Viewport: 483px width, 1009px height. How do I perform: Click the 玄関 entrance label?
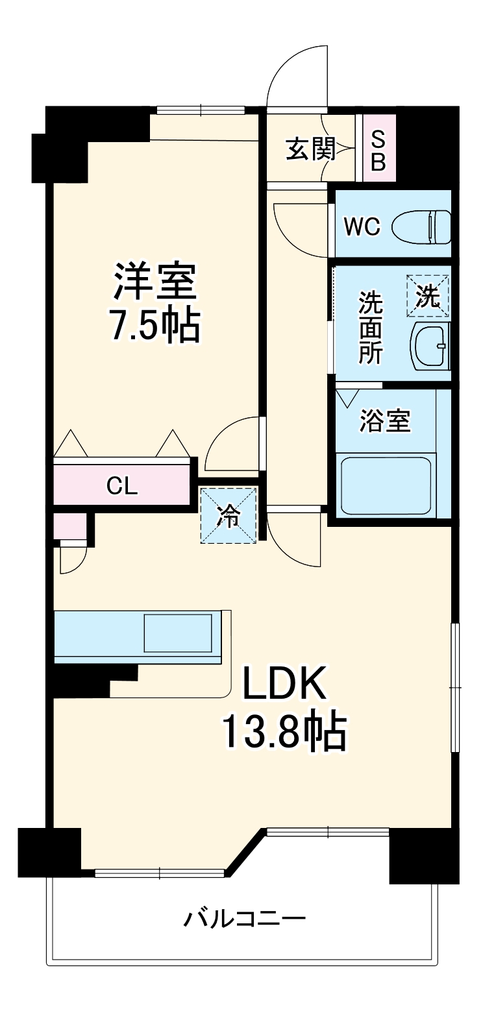[311, 150]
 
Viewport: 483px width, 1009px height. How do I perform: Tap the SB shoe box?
[378, 150]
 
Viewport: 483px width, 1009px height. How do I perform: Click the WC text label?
[362, 226]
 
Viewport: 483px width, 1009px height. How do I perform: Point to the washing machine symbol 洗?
[428, 296]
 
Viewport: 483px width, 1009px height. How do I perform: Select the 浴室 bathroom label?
[385, 421]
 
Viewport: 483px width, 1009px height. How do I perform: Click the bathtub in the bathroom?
[386, 486]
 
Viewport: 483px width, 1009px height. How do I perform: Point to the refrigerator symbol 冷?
[228, 515]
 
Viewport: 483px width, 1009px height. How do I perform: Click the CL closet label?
[122, 485]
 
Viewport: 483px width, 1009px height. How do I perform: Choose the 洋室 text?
[155, 282]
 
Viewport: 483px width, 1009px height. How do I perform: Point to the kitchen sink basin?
[178, 633]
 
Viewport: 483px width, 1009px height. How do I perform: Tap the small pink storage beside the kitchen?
[69, 526]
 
